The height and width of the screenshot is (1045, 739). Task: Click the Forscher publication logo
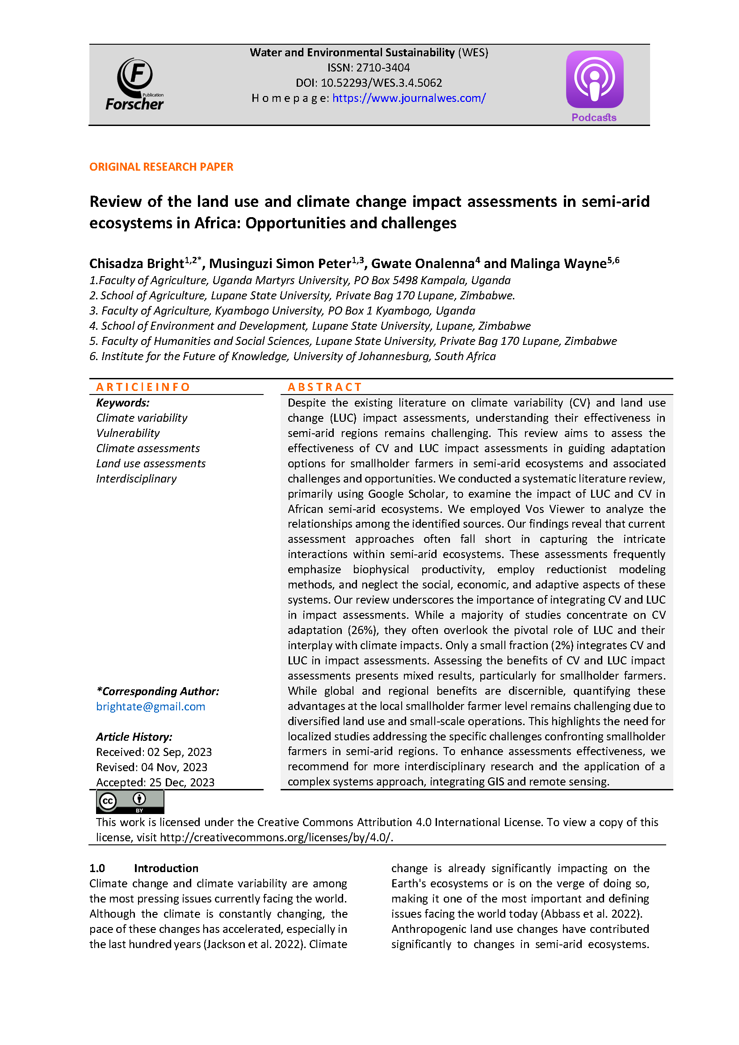pyautogui.click(x=134, y=85)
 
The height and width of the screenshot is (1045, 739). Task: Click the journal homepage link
pyautogui.click(x=409, y=98)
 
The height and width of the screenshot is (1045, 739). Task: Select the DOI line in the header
pyautogui.click(x=369, y=83)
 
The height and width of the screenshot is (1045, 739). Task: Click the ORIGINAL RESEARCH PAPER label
pyautogui.click(x=161, y=167)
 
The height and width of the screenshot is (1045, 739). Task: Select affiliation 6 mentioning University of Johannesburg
pyautogui.click(x=293, y=357)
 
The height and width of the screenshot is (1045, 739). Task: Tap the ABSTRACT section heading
pyautogui.click(x=324, y=387)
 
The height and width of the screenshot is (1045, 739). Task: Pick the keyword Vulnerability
pyautogui.click(x=128, y=433)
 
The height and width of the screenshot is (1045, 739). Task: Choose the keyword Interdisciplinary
pyautogui.click(x=136, y=479)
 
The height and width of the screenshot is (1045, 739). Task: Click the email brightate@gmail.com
pyautogui.click(x=151, y=706)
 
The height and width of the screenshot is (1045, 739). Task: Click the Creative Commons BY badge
pyautogui.click(x=130, y=802)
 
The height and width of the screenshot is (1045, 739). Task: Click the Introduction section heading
pyautogui.click(x=166, y=868)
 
